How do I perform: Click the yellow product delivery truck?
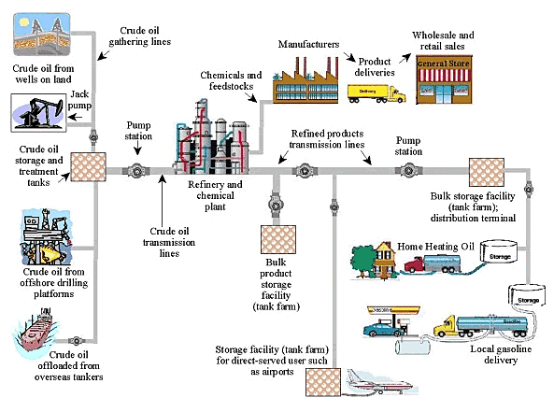point(377,92)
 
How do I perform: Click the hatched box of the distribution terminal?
point(486,172)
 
